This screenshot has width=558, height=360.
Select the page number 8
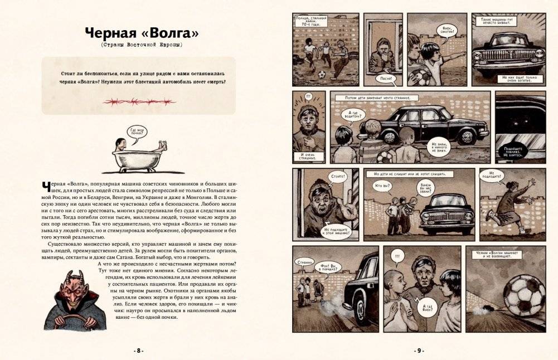pyautogui.click(x=139, y=351)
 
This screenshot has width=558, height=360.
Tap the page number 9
pyautogui.click(x=419, y=351)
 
